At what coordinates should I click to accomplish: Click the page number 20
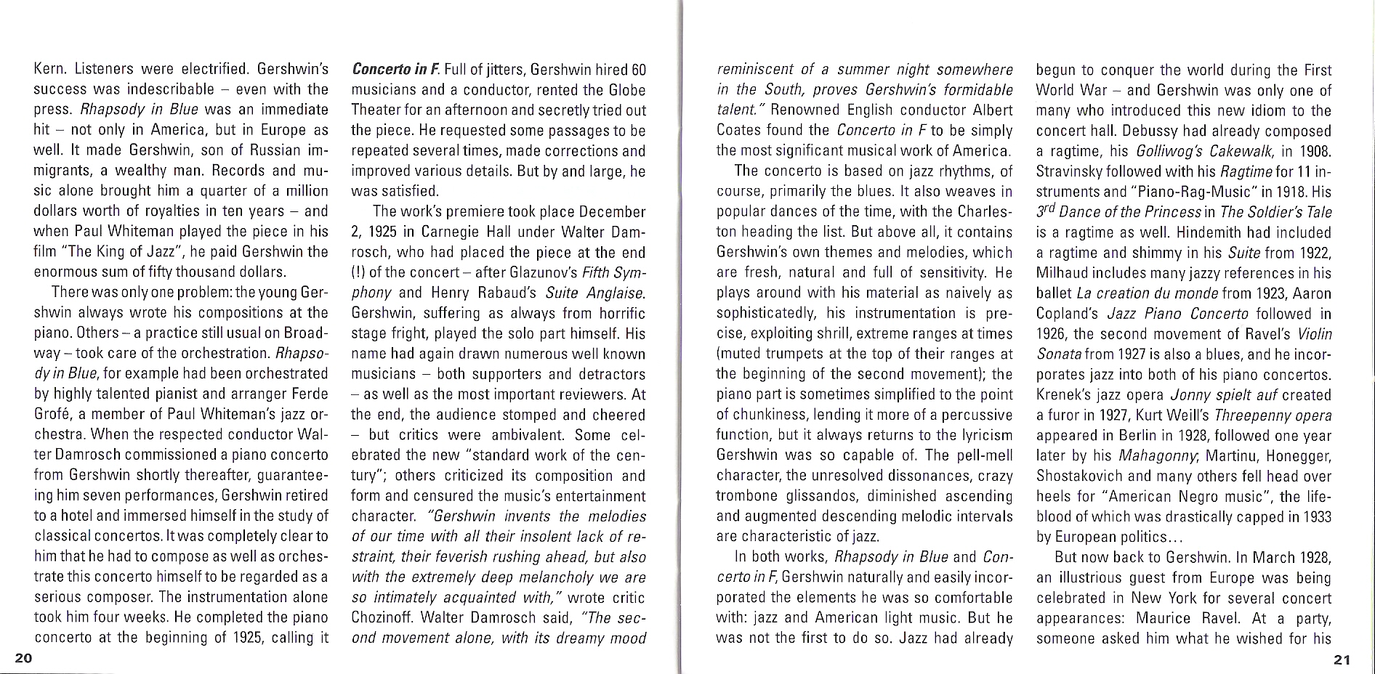pos(23,658)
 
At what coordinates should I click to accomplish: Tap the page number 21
pos(1342,659)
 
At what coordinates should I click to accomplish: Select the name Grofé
pos(54,414)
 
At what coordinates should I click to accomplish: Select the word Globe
pos(627,91)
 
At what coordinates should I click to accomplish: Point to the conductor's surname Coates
pos(741,131)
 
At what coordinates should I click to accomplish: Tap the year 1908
pos(1315,152)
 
